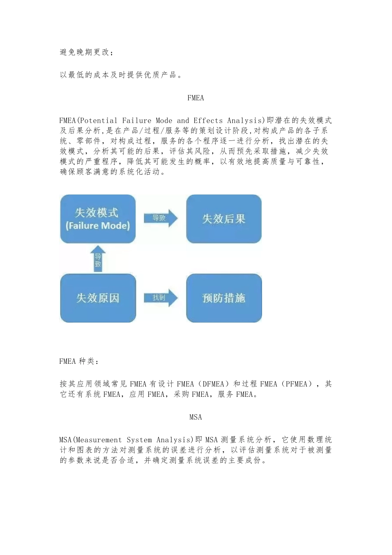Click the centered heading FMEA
click(x=196, y=98)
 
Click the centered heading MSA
click(x=196, y=417)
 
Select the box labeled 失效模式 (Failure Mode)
click(x=98, y=219)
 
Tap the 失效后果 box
click(x=224, y=219)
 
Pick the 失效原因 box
click(x=98, y=298)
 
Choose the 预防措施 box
click(x=224, y=298)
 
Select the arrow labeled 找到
click(x=160, y=298)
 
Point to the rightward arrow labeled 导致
click(x=160, y=218)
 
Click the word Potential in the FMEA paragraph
click(x=98, y=121)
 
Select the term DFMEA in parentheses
click(x=213, y=384)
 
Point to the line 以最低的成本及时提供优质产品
click(x=120, y=75)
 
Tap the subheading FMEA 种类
click(x=79, y=361)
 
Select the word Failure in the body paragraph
click(x=137, y=121)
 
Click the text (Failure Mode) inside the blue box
click(x=98, y=226)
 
